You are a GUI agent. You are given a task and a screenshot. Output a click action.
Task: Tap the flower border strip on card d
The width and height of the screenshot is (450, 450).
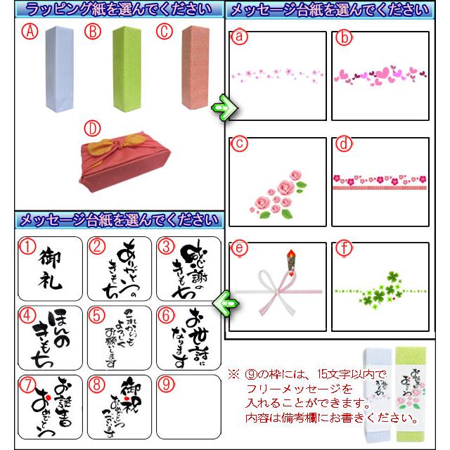tap(379, 181)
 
